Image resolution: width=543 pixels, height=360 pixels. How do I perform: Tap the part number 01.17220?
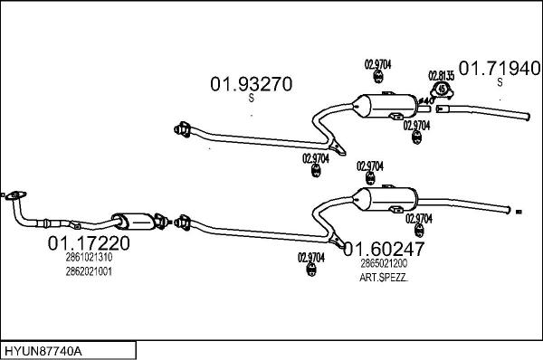89,242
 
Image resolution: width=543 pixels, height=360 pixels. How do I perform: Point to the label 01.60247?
384,248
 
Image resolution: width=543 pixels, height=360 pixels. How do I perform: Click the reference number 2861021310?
89,258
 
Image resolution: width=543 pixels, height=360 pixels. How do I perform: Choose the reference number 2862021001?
89,271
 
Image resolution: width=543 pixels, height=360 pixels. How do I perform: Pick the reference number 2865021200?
384,263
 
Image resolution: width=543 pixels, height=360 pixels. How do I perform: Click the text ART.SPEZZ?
384,277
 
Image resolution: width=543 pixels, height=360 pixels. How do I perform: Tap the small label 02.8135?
441,75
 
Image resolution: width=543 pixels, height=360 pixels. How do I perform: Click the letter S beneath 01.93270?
251,100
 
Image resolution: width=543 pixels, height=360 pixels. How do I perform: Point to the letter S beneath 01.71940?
500,83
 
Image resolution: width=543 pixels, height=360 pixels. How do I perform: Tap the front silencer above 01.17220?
132,221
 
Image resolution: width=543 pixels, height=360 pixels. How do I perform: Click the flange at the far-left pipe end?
14,194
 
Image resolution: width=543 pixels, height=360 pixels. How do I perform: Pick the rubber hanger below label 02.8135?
441,90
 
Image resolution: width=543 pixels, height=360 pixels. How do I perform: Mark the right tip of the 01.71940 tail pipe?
527,115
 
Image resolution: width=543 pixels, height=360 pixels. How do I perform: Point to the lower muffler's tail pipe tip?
513,211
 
